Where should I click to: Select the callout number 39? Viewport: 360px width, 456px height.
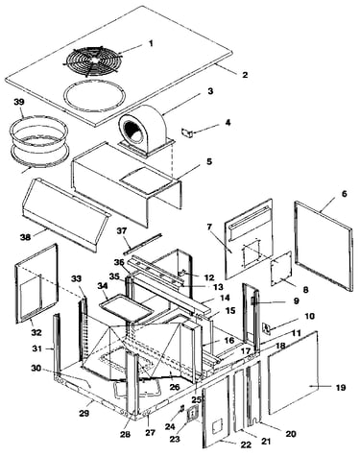(x=19, y=102)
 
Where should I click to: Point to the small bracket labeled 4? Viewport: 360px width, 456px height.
(x=187, y=132)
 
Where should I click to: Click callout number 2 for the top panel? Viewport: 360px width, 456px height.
(x=245, y=75)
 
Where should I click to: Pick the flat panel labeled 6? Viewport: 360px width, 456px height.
(x=324, y=246)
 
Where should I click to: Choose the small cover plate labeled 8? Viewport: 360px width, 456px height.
(x=280, y=268)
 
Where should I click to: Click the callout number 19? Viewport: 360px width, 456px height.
(x=341, y=388)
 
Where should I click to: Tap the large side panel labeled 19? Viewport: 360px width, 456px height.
(x=293, y=373)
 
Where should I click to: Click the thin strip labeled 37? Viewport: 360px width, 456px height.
(x=143, y=244)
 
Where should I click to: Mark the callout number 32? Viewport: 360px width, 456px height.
(x=36, y=332)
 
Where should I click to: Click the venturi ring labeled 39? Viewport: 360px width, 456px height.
(x=38, y=142)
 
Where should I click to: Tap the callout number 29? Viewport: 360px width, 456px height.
(x=84, y=413)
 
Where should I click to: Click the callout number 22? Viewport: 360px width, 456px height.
(x=246, y=444)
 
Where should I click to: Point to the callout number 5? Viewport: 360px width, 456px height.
(x=208, y=161)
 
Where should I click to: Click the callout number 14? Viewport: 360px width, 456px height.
(x=225, y=298)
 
